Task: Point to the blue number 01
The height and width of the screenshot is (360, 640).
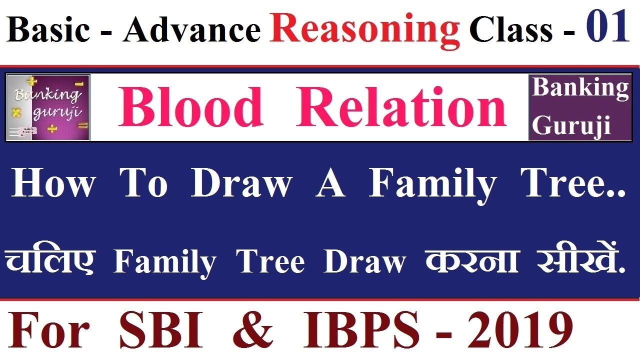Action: click(607, 28)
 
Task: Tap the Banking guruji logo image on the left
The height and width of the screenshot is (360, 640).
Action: click(48, 107)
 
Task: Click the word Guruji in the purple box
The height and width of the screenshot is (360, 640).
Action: click(571, 125)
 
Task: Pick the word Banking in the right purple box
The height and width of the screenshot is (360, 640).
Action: click(580, 88)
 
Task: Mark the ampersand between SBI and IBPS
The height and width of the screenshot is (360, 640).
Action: click(253, 330)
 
